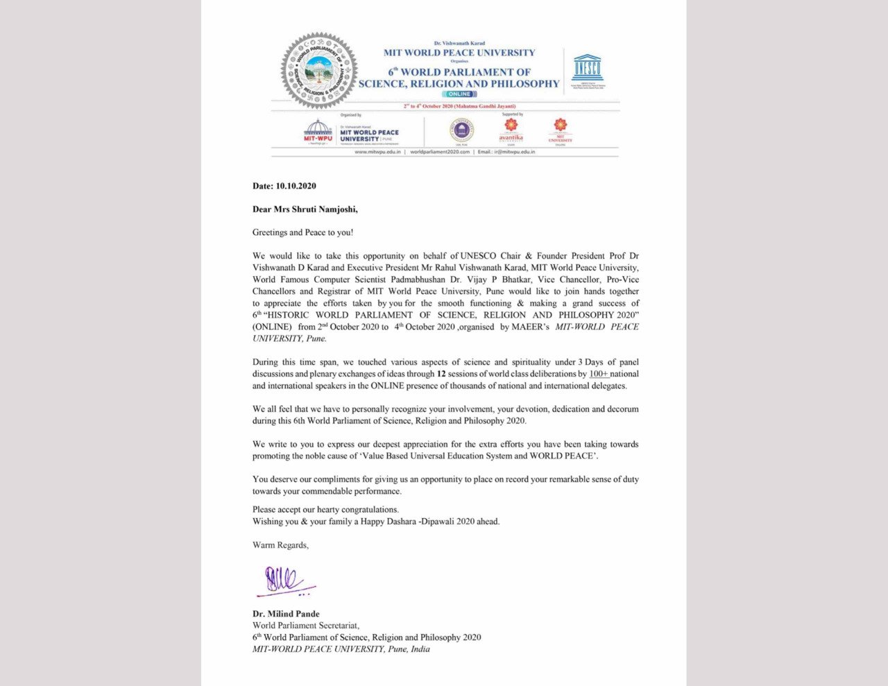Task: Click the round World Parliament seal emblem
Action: pos(318,70)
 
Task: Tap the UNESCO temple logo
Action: pos(587,68)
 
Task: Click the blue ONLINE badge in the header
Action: pos(459,94)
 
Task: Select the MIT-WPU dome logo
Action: pos(318,130)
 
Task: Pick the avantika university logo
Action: pos(511,130)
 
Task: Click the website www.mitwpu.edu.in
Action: pos(377,151)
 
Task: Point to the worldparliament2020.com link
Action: pos(440,151)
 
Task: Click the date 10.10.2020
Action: pos(296,186)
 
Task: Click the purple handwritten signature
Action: pos(284,581)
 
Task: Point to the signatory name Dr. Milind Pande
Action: pos(286,614)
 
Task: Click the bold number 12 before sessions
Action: pos(441,374)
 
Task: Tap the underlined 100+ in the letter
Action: pos(598,374)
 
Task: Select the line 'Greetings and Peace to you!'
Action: pos(302,232)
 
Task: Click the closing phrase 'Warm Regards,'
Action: pos(280,545)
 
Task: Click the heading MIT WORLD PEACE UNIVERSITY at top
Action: pos(459,53)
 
